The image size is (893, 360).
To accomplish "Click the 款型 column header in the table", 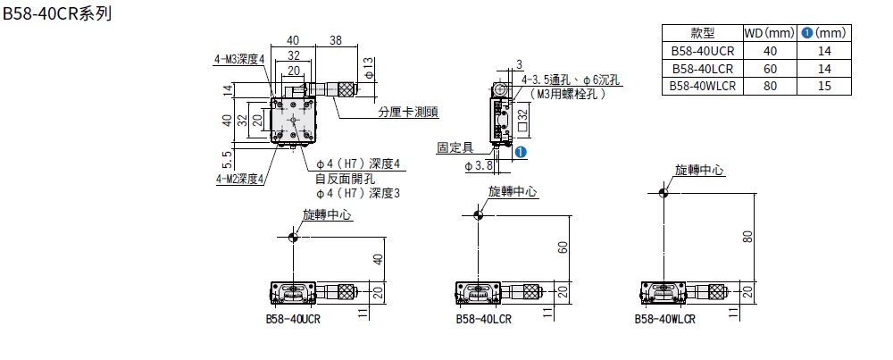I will coord(702,32).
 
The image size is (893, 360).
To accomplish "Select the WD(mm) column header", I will coord(768,32).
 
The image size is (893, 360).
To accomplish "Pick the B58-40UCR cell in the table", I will coord(702,50).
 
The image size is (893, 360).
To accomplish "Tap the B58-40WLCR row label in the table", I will coord(702,86).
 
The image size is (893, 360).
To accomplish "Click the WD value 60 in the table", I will coord(768,68).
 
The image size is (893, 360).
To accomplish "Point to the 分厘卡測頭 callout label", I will coord(407,112).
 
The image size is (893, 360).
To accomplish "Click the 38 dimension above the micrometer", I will coord(336,40).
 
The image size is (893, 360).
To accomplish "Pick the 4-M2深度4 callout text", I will coord(237,178).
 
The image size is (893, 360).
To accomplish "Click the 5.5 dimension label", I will coord(228,158).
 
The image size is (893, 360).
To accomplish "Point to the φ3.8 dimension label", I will coord(480,165).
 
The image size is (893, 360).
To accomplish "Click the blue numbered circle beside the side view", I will coord(521,153).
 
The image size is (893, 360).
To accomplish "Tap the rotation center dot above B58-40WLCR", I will coord(662,190).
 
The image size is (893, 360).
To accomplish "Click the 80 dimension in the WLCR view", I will coord(748,236).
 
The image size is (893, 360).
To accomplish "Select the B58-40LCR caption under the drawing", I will coord(481,319).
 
